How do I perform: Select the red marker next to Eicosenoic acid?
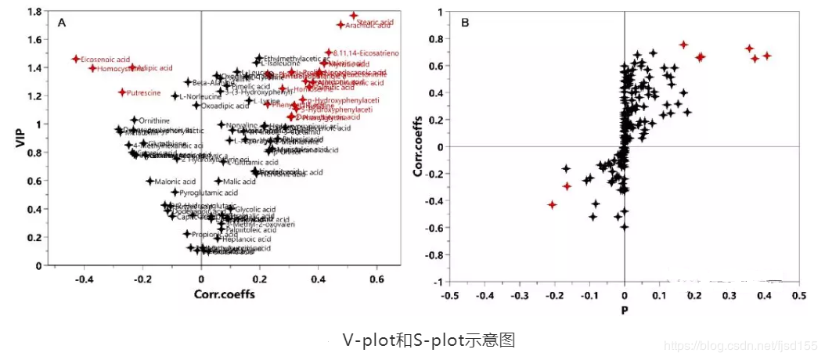[x=76, y=59]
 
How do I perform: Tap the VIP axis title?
[x=20, y=139]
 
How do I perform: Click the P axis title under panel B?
[x=624, y=310]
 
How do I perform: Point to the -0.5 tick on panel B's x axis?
[x=449, y=296]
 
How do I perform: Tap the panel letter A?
[x=61, y=23]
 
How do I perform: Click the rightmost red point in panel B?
[x=767, y=56]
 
